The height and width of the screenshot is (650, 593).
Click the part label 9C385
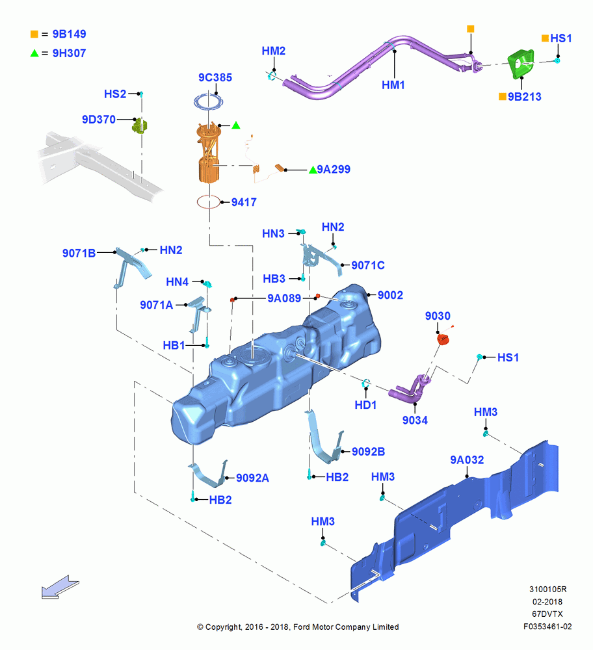[215, 77]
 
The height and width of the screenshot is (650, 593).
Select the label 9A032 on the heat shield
[467, 460]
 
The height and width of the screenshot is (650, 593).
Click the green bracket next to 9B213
[521, 64]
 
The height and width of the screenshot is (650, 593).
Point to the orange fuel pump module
[209, 153]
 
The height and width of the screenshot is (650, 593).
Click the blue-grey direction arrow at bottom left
[60, 586]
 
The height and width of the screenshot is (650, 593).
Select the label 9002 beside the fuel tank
[390, 295]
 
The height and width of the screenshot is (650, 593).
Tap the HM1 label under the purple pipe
[393, 85]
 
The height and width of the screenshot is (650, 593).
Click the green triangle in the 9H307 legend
[34, 53]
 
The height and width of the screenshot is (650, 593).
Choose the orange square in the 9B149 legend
[34, 34]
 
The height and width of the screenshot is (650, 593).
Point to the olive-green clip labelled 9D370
[140, 125]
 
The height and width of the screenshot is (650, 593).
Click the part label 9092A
[252, 478]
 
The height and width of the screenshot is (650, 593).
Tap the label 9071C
[368, 265]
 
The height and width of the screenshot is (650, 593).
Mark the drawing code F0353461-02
[547, 627]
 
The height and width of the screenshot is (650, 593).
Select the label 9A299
[334, 169]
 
